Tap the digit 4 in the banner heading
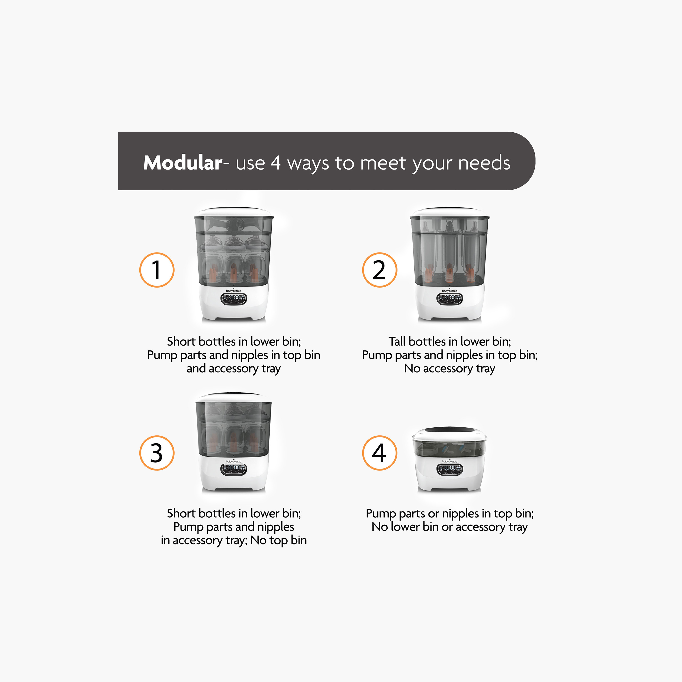[x=276, y=163]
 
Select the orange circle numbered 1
[x=157, y=270]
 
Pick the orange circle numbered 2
[x=379, y=270]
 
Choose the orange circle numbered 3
[x=157, y=453]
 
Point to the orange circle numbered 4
[x=379, y=453]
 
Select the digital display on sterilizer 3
[x=234, y=469]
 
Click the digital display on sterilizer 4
[x=449, y=469]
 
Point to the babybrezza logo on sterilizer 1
[x=234, y=291]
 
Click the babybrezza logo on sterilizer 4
[x=449, y=461]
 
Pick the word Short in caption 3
[x=181, y=513]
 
